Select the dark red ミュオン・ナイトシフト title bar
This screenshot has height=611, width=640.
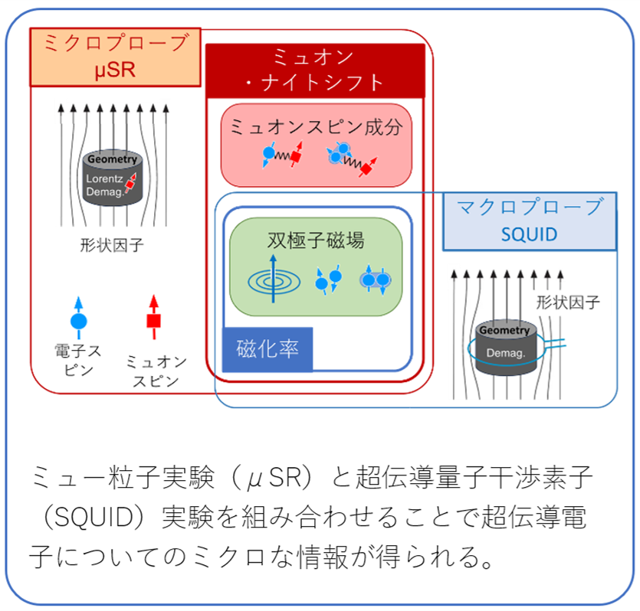(x=314, y=69)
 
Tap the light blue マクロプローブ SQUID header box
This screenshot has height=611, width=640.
(x=529, y=221)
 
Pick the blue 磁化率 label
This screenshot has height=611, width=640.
(x=267, y=348)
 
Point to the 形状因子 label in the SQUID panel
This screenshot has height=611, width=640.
(x=568, y=302)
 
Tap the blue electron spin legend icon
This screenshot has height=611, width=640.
(x=78, y=318)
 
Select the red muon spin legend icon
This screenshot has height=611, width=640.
(x=153, y=317)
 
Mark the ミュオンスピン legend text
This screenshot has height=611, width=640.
(x=156, y=371)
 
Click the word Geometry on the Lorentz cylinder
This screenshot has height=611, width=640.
(x=112, y=160)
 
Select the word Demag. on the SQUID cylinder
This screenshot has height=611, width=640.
(x=503, y=353)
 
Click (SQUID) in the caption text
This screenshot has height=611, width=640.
(x=89, y=518)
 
